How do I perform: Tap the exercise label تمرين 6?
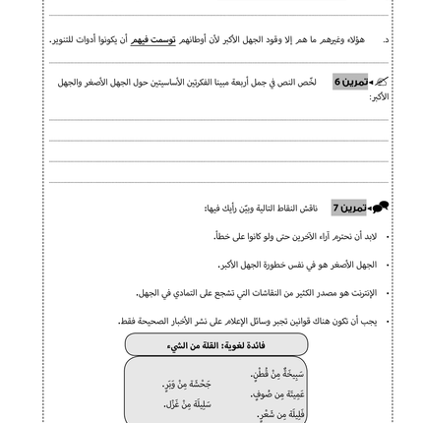coord(350,82)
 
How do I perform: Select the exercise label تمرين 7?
coord(348,209)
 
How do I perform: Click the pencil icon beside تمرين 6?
coord(381,82)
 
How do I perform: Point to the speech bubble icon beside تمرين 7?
coord(381,208)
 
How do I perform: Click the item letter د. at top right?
coord(386,41)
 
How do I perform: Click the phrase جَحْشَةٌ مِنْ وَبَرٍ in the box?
coord(187,385)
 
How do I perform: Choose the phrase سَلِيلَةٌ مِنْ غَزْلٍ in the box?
coord(187,404)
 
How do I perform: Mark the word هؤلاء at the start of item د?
coord(357,41)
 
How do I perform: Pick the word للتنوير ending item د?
coord(62,41)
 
